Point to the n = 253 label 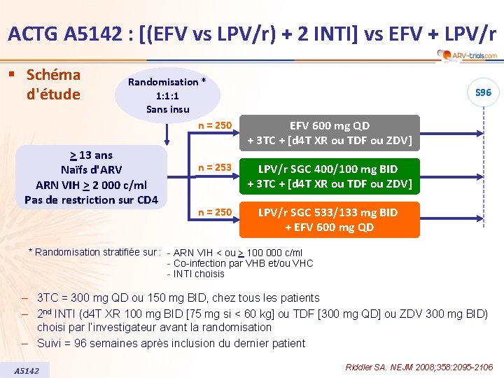(214, 168)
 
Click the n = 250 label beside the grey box (214, 125)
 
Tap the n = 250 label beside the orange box (214, 211)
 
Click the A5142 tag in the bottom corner (27, 370)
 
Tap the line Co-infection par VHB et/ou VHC (239, 263)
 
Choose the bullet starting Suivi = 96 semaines (171, 343)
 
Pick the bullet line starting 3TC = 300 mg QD (178, 297)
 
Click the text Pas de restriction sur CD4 (91, 200)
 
